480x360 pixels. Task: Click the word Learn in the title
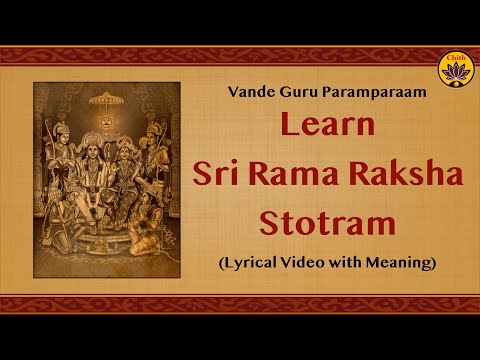click(x=327, y=127)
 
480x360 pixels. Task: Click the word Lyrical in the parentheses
click(x=255, y=263)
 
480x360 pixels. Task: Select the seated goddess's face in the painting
click(x=127, y=151)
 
